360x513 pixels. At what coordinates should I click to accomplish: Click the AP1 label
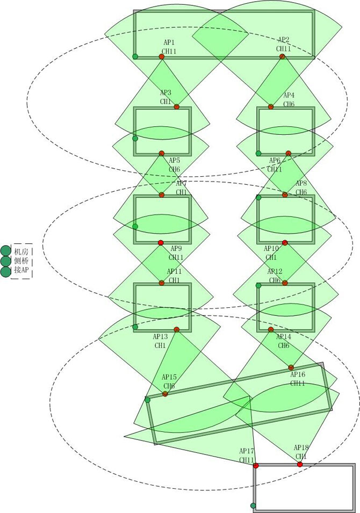[169, 42]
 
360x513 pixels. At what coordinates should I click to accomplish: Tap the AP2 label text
[283, 40]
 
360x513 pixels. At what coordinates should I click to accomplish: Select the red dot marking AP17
[256, 465]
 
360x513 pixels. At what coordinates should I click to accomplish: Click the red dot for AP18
[300, 464]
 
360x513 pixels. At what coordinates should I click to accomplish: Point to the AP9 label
[176, 249]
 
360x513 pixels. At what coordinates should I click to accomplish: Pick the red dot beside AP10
[285, 243]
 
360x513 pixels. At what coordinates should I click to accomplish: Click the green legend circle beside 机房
[6, 251]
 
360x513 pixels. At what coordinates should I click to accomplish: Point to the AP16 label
[298, 374]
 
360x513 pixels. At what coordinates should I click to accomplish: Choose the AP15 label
[169, 377]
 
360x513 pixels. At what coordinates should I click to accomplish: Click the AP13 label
[161, 337]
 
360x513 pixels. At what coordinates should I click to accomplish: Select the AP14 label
[284, 337]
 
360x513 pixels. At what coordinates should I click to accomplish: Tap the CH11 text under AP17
[247, 460]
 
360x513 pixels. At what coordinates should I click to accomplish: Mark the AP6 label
[275, 161]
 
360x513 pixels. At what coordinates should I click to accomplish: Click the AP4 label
[289, 96]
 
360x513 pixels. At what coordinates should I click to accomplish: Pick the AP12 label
[275, 272]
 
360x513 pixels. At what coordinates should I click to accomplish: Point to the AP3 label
[165, 93]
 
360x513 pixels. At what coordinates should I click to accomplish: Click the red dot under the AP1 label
[161, 56]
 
